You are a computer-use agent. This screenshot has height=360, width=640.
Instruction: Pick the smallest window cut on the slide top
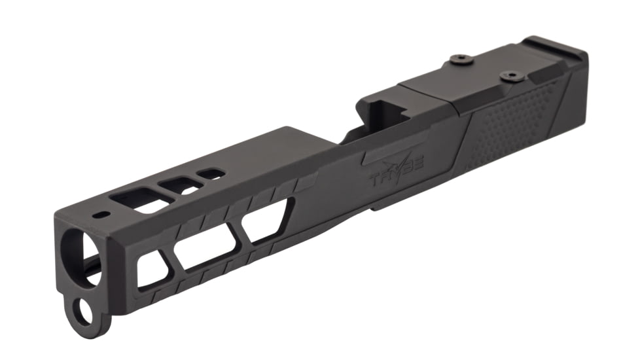211,174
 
